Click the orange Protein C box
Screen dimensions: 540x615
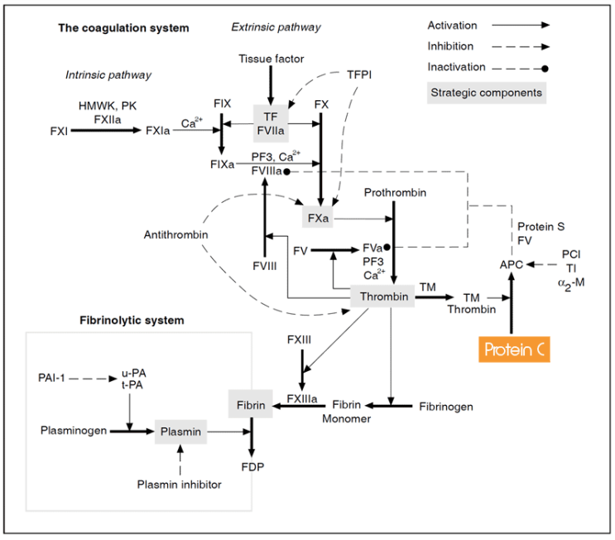click(x=514, y=350)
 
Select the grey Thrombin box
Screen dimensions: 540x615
click(x=382, y=296)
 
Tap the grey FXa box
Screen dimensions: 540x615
click(x=318, y=219)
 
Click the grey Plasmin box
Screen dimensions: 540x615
click(x=180, y=432)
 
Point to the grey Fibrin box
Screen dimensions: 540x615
click(x=251, y=406)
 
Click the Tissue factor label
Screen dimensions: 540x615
click(x=271, y=59)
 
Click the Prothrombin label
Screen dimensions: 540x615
click(x=396, y=193)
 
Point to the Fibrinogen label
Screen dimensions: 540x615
click(x=446, y=407)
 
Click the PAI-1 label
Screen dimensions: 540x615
click(x=52, y=378)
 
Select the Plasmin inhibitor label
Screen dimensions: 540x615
click(x=179, y=485)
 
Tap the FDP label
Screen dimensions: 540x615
click(x=252, y=467)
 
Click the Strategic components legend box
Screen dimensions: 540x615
click(x=485, y=93)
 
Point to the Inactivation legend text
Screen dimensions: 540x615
click(x=456, y=67)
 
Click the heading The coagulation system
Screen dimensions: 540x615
click(x=123, y=28)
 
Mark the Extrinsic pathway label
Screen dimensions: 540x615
click(x=276, y=28)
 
